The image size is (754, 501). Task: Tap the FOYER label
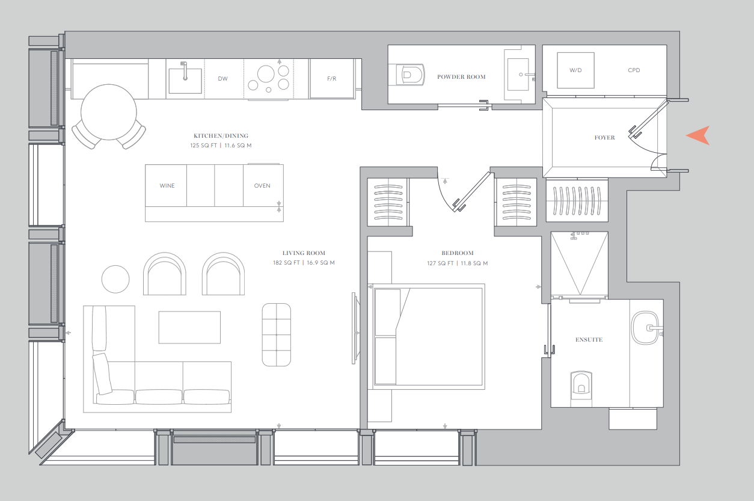(x=604, y=137)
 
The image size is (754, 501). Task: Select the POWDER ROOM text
(x=461, y=77)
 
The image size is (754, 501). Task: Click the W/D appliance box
(x=575, y=70)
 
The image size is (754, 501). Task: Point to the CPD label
(x=634, y=70)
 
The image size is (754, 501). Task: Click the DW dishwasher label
(x=223, y=78)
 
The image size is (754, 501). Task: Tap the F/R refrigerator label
(x=331, y=78)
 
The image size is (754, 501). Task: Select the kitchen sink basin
(x=185, y=81)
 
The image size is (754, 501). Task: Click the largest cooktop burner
(x=266, y=74)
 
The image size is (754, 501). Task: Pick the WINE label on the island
(x=167, y=185)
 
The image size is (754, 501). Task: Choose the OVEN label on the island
(x=262, y=185)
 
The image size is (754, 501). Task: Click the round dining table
(x=109, y=112)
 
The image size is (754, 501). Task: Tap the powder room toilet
(x=406, y=75)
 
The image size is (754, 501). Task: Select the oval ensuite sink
(x=645, y=328)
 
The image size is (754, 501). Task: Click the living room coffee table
(x=189, y=327)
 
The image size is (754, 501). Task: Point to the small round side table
(x=115, y=279)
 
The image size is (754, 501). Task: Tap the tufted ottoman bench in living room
(x=277, y=334)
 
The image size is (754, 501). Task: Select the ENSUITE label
(x=589, y=339)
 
